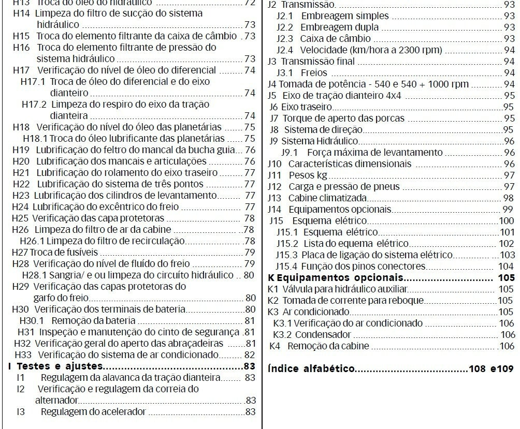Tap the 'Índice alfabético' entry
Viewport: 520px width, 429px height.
(x=311, y=368)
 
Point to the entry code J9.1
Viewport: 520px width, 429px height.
(x=289, y=153)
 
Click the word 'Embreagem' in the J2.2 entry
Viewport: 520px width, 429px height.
(x=324, y=27)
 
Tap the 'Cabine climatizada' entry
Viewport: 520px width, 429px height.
(x=328, y=198)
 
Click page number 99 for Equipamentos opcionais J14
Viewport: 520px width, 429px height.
(x=508, y=210)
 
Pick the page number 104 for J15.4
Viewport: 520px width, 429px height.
(x=506, y=267)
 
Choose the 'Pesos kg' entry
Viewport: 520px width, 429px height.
(x=308, y=175)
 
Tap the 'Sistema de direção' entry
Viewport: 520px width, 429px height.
(x=323, y=130)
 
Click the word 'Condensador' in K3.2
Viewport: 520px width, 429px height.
(x=323, y=335)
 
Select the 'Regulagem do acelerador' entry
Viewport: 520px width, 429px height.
(x=93, y=412)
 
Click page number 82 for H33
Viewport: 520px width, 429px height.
(x=250, y=355)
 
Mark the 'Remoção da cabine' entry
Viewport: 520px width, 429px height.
(x=328, y=346)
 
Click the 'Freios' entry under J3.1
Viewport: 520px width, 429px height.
(x=314, y=73)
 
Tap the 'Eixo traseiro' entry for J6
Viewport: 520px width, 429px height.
(x=306, y=107)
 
